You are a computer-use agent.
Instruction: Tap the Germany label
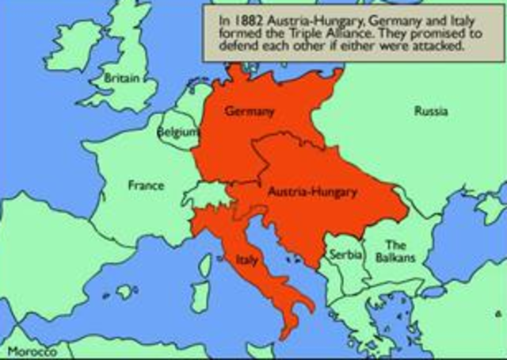(250, 111)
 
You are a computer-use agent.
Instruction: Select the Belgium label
(177, 133)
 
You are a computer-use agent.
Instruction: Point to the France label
(146, 186)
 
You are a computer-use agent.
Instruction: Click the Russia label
(430, 111)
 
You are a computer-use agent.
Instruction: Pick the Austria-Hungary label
(312, 192)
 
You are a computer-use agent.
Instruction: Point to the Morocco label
(29, 350)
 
